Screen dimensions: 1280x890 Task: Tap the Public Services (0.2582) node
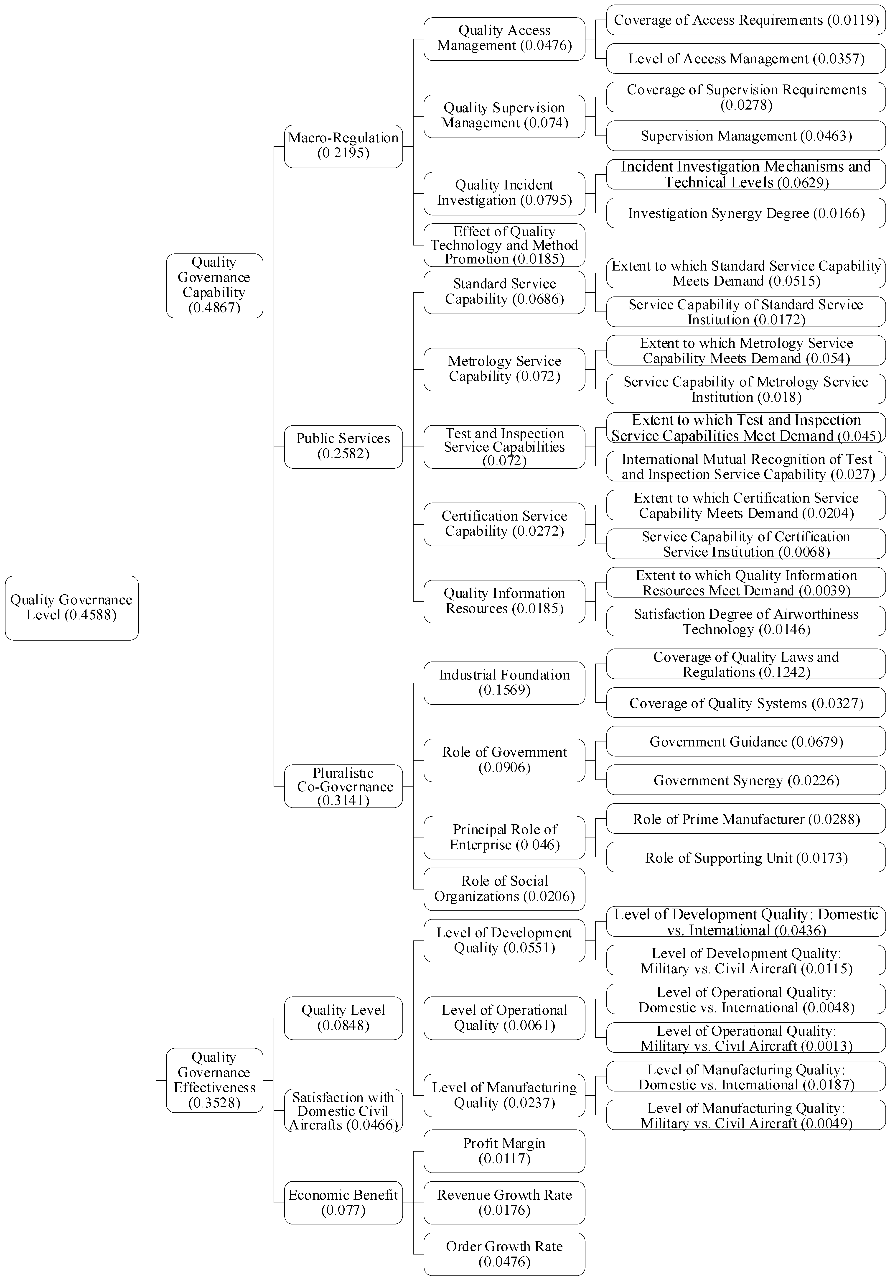coord(343,446)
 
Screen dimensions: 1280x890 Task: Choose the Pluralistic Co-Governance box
coord(343,786)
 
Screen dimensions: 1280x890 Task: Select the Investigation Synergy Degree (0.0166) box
coord(746,213)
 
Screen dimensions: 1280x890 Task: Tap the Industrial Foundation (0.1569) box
coord(504,682)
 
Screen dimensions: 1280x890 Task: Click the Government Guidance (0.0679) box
coord(746,741)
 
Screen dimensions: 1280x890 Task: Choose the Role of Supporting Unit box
coord(746,857)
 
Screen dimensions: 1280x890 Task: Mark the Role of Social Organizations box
coord(504,889)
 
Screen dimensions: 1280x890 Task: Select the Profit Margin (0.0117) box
coord(504,1151)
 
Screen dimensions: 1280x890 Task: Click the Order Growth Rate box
coord(504,1254)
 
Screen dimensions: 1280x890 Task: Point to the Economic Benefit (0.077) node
coord(343,1203)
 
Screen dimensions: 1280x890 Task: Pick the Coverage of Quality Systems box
coord(746,703)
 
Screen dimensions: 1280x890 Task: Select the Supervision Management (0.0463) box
coord(746,135)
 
